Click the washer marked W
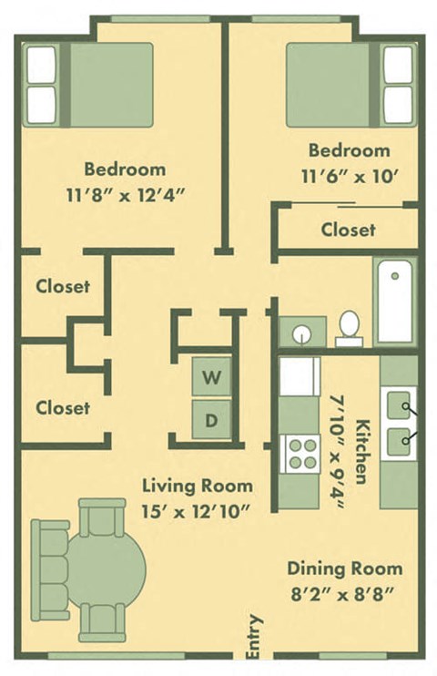tap(210, 378)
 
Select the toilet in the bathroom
tap(350, 328)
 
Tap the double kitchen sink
tap(400, 421)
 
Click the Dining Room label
tap(344, 568)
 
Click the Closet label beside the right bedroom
tap(348, 230)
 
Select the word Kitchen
tap(363, 451)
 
